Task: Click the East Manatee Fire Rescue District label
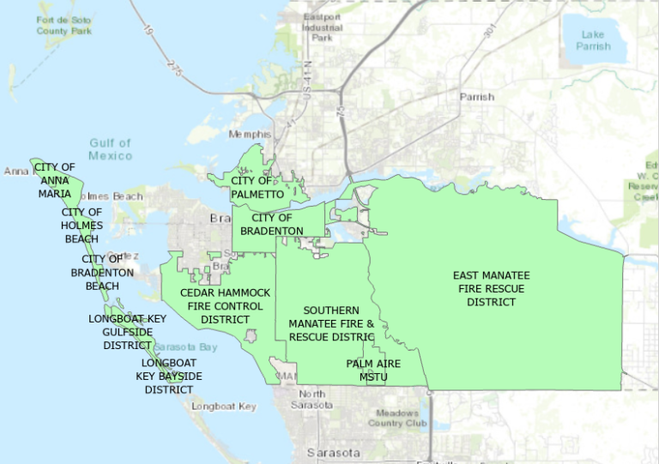(x=492, y=288)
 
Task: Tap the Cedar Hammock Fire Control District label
(x=225, y=306)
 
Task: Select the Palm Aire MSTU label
(x=373, y=370)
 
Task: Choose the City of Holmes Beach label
(x=82, y=226)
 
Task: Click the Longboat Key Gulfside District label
(x=127, y=332)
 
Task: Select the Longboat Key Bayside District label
(x=169, y=376)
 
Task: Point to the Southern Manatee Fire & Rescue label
(x=331, y=323)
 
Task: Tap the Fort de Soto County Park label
(x=63, y=26)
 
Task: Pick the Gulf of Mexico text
(x=111, y=149)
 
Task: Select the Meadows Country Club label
(x=397, y=418)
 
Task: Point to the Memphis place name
(x=249, y=135)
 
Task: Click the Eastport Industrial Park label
(x=322, y=27)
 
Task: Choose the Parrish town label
(x=476, y=97)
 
